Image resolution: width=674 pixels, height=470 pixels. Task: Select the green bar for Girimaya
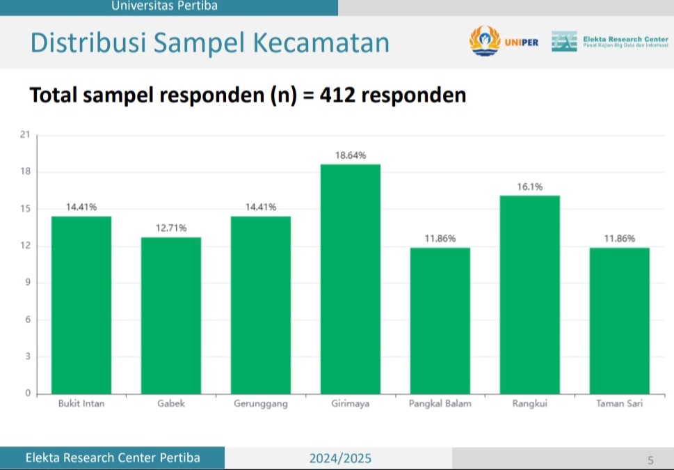[350, 279]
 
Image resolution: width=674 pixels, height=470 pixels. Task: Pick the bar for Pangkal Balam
[440, 320]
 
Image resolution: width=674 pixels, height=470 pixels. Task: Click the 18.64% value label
[351, 155]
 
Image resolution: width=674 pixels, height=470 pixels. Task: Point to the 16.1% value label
[529, 187]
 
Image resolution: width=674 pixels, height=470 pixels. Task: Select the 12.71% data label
[171, 228]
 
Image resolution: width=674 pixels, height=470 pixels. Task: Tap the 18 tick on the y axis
[26, 172]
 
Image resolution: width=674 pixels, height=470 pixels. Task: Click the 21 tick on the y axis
[26, 135]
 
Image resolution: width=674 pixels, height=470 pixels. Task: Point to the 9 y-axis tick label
[28, 283]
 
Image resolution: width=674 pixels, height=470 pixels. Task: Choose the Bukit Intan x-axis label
[81, 404]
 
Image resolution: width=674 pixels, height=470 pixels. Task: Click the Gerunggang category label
[261, 404]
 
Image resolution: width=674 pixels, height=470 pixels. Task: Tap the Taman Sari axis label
[619, 404]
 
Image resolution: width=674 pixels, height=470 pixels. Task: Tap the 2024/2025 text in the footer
[340, 458]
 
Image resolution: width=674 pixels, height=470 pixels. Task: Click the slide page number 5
[650, 460]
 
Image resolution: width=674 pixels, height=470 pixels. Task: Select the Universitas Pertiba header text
[164, 6]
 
